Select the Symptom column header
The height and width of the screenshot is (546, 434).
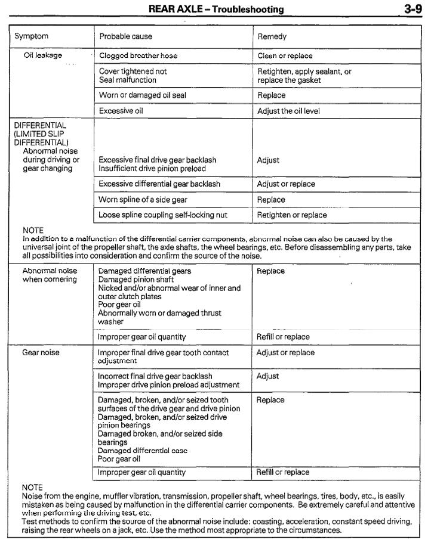pyautogui.click(x=32, y=36)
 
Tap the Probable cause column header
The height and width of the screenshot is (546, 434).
pyautogui.click(x=125, y=36)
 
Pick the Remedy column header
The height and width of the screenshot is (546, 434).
pyautogui.click(x=272, y=36)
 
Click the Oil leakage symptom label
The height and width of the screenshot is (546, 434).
pyautogui.click(x=42, y=55)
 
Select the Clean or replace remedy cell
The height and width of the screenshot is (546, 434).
pyautogui.click(x=285, y=55)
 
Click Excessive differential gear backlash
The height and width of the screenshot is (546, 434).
pyautogui.click(x=159, y=184)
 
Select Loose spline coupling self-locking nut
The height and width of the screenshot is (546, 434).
pyautogui.click(x=163, y=215)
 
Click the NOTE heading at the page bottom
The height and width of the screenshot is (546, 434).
pyautogui.click(x=32, y=488)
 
